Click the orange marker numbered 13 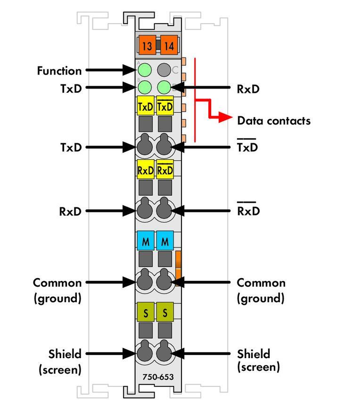[x=147, y=46]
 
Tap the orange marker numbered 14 [x=169, y=46]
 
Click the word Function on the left [x=59, y=71]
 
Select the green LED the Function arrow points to [x=145, y=70]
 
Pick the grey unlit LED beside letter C [x=164, y=70]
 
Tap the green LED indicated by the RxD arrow [x=164, y=87]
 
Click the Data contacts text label [x=274, y=121]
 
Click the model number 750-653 [x=157, y=377]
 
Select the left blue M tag [x=146, y=242]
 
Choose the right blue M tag [x=165, y=242]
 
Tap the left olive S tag [x=146, y=312]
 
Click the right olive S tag [x=165, y=312]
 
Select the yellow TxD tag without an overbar [x=146, y=107]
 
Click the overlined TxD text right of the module [x=247, y=147]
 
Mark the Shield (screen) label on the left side [x=60, y=361]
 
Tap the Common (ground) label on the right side [x=261, y=290]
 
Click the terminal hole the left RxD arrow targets [x=145, y=211]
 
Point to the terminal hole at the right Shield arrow [x=164, y=353]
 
